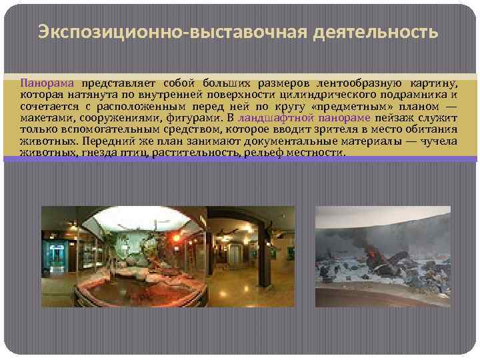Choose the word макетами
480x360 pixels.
(x=43, y=118)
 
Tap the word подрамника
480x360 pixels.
(x=414, y=95)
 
